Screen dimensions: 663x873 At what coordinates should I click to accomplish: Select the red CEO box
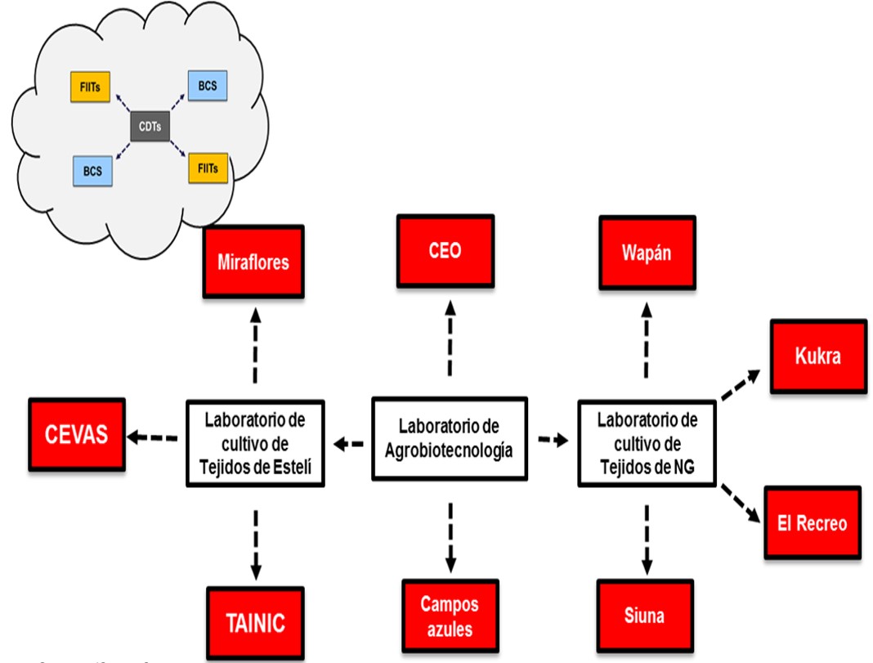coord(445,250)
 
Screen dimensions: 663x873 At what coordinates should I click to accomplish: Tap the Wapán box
coord(647,253)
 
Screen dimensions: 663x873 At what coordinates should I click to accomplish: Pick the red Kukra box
coord(817,356)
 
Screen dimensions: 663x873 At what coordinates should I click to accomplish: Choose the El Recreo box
coord(812,522)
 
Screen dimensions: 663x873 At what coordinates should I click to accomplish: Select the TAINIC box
coord(256,623)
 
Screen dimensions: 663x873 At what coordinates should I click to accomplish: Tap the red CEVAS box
coord(77,434)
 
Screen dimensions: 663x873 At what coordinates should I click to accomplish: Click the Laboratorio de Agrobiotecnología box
coord(450,438)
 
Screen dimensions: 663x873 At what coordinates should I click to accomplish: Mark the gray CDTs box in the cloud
coord(151,127)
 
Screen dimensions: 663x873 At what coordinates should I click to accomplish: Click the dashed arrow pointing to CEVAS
coord(154,439)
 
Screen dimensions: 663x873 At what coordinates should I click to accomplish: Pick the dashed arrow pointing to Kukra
coord(741,383)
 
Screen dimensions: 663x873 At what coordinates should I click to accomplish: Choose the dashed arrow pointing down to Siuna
coord(647,539)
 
